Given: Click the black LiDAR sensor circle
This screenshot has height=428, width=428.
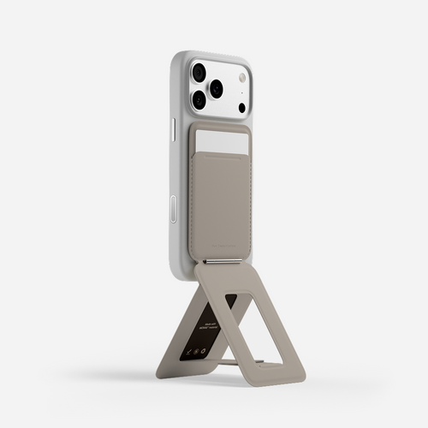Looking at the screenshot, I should point(242,107).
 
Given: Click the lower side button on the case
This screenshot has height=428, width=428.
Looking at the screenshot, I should point(174,209).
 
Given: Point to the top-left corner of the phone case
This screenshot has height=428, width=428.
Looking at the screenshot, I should point(175,58).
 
